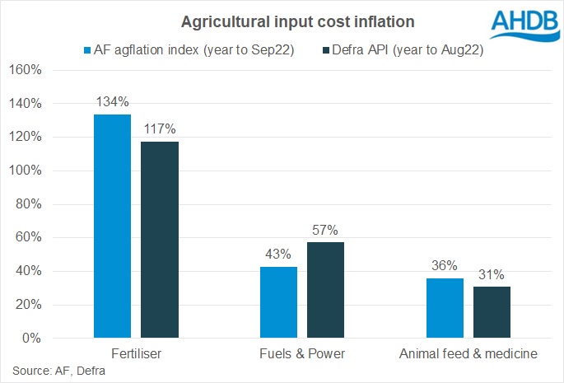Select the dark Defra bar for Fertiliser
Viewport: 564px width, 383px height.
(159, 240)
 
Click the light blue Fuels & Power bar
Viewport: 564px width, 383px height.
(279, 302)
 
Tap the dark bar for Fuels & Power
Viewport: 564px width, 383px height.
(326, 290)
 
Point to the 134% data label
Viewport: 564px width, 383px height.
(112, 102)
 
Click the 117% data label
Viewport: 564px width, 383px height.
(159, 129)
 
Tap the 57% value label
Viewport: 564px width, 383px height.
(326, 230)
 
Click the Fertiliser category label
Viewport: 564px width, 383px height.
(135, 353)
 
